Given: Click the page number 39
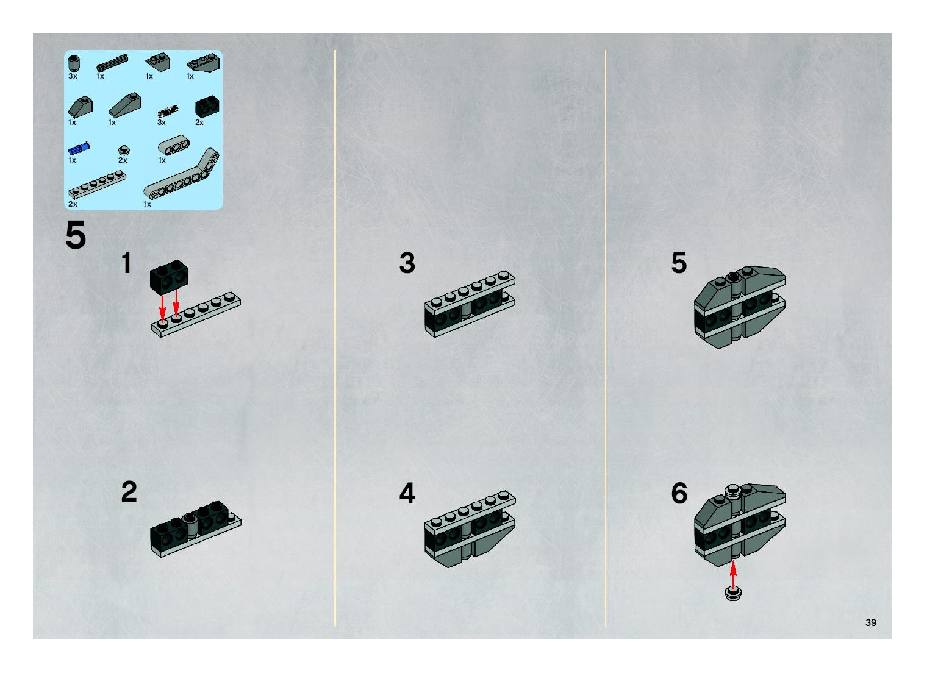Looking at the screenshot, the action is pyautogui.click(x=871, y=622).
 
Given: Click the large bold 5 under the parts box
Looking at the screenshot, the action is pyautogui.click(x=76, y=235).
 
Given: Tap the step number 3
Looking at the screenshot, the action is pyautogui.click(x=407, y=263).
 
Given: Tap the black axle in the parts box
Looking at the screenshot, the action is pyautogui.click(x=112, y=62).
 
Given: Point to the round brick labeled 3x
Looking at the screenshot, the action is pyautogui.click(x=74, y=63).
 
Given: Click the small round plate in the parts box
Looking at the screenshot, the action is pyautogui.click(x=124, y=150).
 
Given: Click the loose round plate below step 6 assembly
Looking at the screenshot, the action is pyautogui.click(x=733, y=593).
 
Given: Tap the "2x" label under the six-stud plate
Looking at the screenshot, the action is pyautogui.click(x=73, y=204).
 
